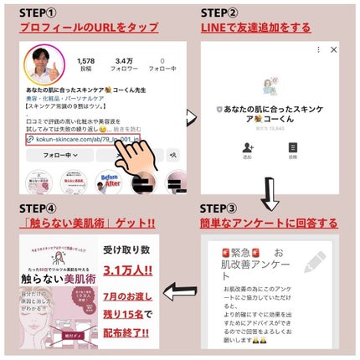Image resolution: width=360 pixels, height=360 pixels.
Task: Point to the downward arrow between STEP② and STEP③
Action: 270,194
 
